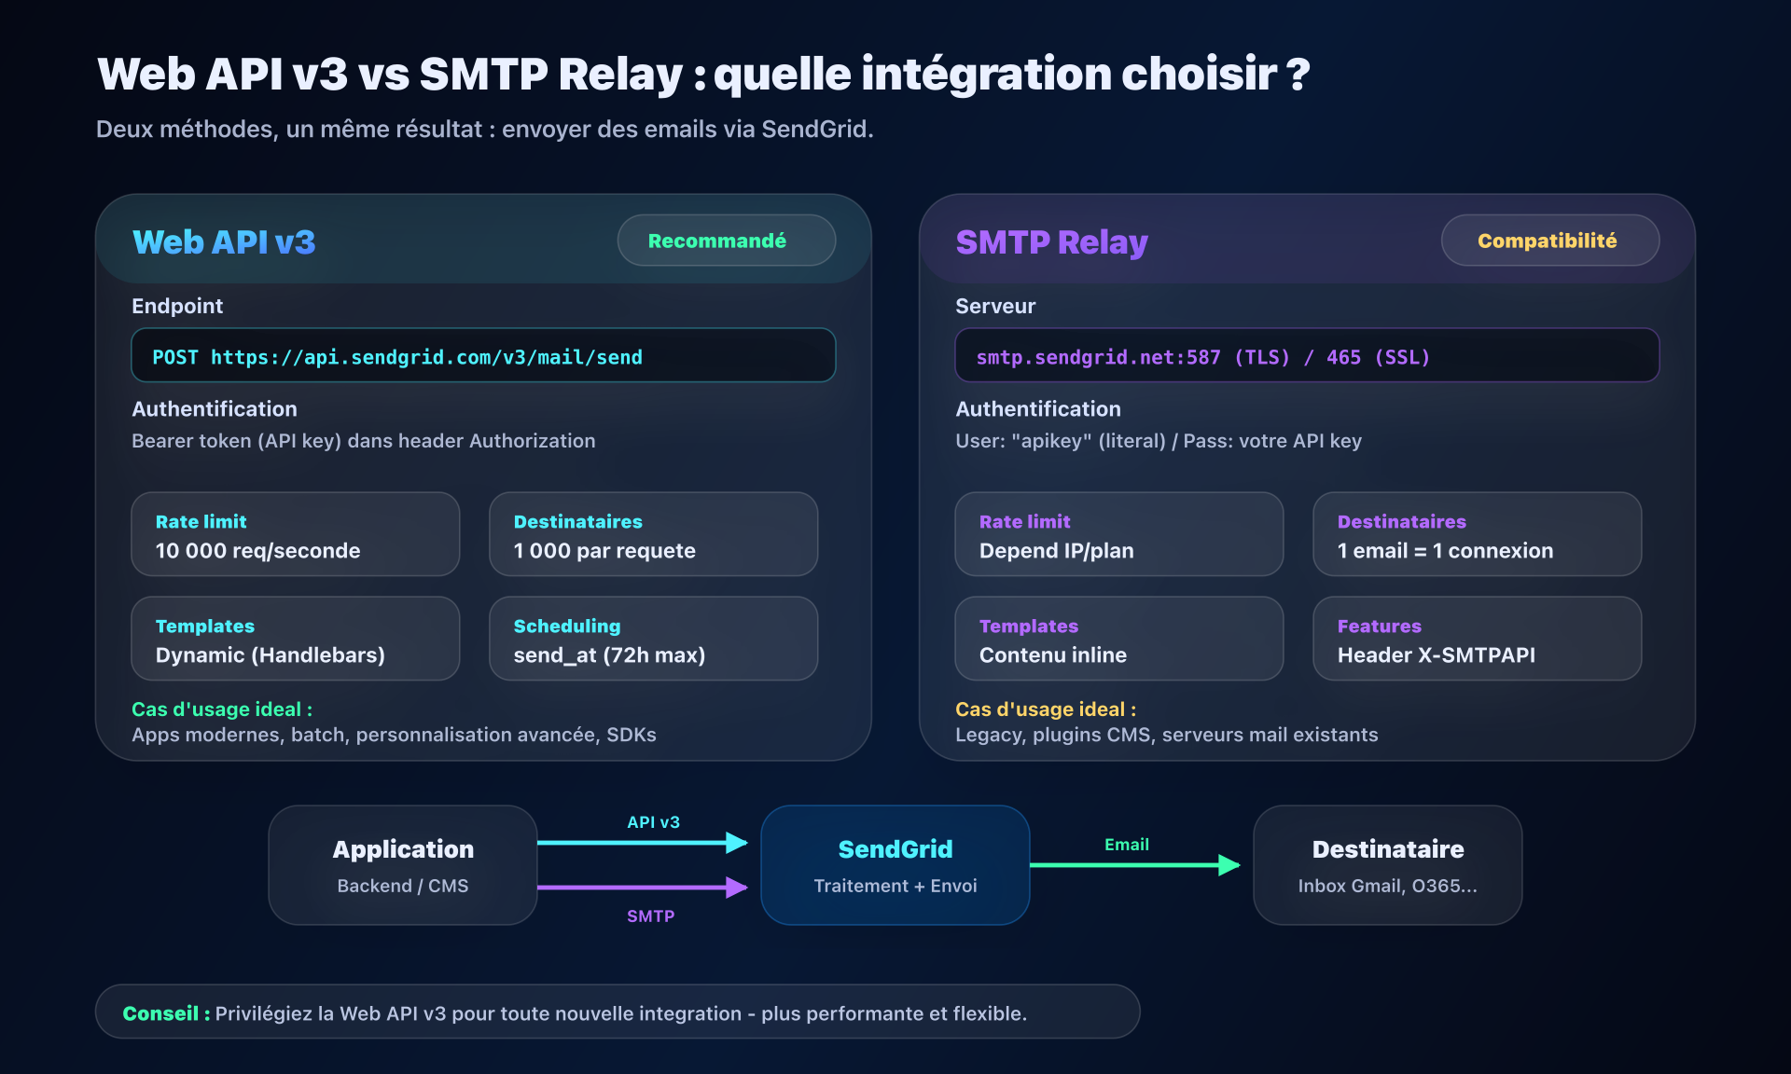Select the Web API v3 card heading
pos(224,242)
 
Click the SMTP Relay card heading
pos(1051,242)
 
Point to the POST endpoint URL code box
pos(483,356)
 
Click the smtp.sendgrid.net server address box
pos(1306,356)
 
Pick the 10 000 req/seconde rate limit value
pos(257,551)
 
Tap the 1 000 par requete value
pos(604,551)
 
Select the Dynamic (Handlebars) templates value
pos(271,655)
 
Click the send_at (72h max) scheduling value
pos(609,655)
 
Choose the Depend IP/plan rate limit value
pos(1056,551)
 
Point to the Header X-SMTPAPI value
pos(1436,655)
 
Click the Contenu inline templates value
pos(1052,655)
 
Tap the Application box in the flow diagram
pos(403,865)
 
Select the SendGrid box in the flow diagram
pos(895,865)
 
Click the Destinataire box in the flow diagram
pos(1387,865)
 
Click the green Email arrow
pos(1133,865)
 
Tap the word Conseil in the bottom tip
pos(160,1013)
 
